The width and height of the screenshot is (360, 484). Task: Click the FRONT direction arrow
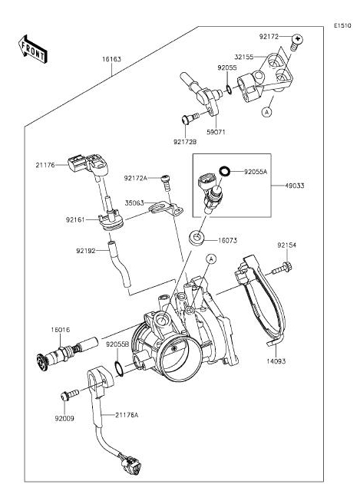32,49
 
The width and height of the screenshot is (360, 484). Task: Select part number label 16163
111,59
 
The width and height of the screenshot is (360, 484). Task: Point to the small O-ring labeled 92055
229,90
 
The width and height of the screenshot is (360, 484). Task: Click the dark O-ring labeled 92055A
224,171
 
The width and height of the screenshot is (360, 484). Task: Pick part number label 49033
295,186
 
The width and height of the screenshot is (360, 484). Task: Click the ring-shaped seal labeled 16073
197,239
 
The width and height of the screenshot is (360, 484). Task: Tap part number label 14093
276,361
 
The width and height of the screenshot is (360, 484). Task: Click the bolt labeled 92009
70,394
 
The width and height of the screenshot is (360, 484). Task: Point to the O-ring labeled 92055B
119,368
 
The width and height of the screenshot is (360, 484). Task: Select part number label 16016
61,330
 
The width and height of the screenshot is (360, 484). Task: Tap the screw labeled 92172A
166,183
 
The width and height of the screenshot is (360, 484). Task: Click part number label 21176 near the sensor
45,165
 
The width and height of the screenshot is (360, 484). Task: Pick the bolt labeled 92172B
190,119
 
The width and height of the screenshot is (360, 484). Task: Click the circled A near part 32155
266,112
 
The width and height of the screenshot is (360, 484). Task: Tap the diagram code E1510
342,25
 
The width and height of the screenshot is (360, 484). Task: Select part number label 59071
216,132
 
